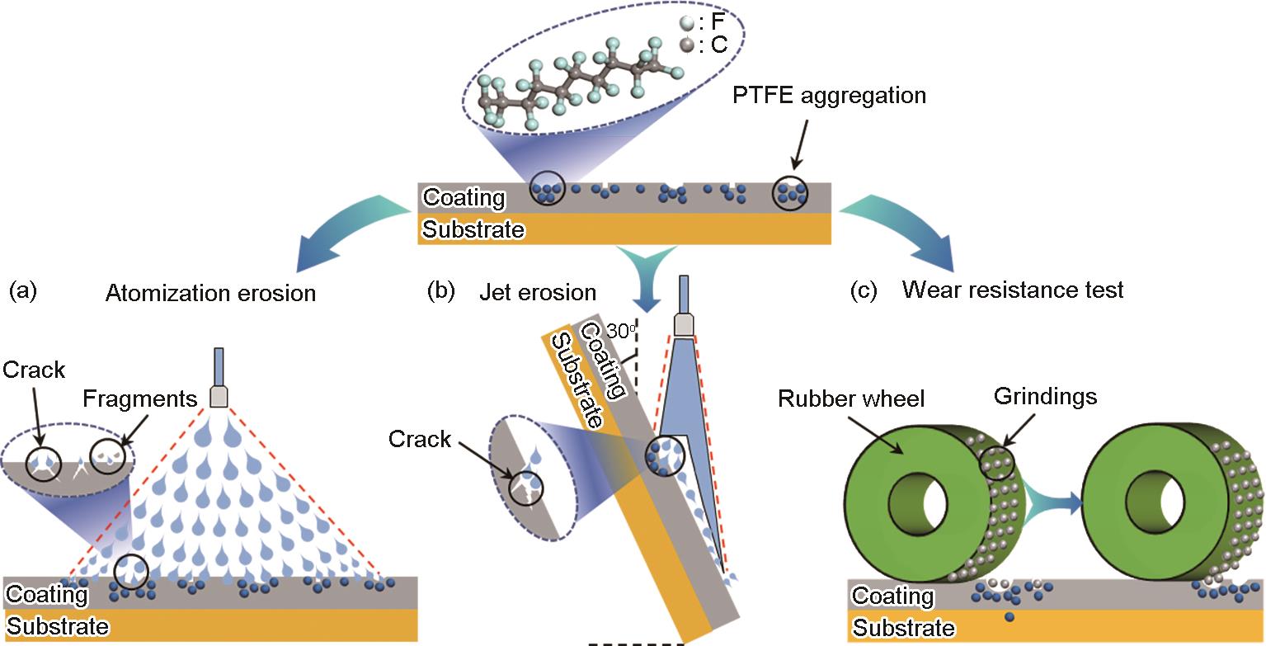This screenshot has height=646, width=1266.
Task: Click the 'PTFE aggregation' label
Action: tap(829, 96)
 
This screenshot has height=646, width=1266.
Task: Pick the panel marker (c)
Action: tap(864, 290)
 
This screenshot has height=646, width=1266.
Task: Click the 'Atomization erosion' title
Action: tap(210, 293)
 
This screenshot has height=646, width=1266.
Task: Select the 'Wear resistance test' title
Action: tap(1013, 290)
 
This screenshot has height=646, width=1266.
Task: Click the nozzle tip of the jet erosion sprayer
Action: tap(684, 325)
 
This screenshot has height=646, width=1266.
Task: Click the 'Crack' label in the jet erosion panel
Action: tap(420, 439)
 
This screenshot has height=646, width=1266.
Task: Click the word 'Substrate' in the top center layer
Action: tap(473, 229)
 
